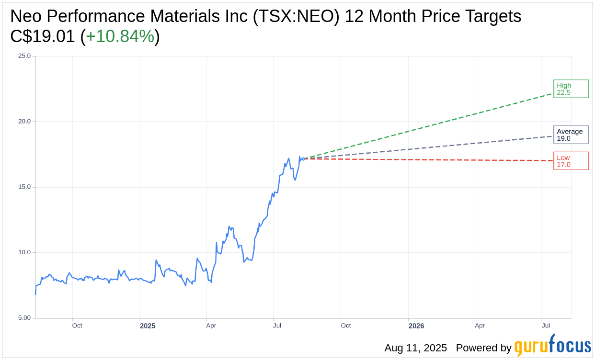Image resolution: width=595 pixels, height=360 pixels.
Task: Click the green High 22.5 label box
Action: [571, 89]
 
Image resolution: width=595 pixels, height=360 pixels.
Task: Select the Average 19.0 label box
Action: [571, 135]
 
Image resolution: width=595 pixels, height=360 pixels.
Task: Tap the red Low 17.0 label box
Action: [571, 161]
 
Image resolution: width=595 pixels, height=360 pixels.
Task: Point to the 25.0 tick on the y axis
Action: [24, 56]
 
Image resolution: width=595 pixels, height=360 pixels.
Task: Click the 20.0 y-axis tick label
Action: [24, 122]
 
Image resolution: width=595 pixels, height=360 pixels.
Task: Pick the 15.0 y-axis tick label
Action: [24, 187]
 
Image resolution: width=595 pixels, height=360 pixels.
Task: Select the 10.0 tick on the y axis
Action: [24, 252]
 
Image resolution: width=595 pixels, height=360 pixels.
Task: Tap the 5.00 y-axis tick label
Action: [24, 318]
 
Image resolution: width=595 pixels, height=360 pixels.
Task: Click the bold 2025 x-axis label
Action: [148, 326]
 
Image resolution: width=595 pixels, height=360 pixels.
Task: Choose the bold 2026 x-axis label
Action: [416, 326]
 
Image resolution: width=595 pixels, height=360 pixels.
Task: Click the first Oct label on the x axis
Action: [77, 326]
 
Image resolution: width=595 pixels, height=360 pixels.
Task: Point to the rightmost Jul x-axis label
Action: [546, 326]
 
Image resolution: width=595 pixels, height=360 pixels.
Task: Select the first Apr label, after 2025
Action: [211, 326]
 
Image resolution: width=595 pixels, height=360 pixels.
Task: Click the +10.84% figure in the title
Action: [120, 36]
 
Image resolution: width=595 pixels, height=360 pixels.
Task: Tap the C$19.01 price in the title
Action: [43, 36]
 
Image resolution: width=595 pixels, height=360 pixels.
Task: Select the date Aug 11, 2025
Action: [415, 348]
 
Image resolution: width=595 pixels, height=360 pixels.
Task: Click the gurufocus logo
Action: [552, 346]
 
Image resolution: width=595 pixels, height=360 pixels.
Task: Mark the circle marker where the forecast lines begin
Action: [303, 158]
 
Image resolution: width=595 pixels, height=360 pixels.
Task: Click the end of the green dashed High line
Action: [552, 94]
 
